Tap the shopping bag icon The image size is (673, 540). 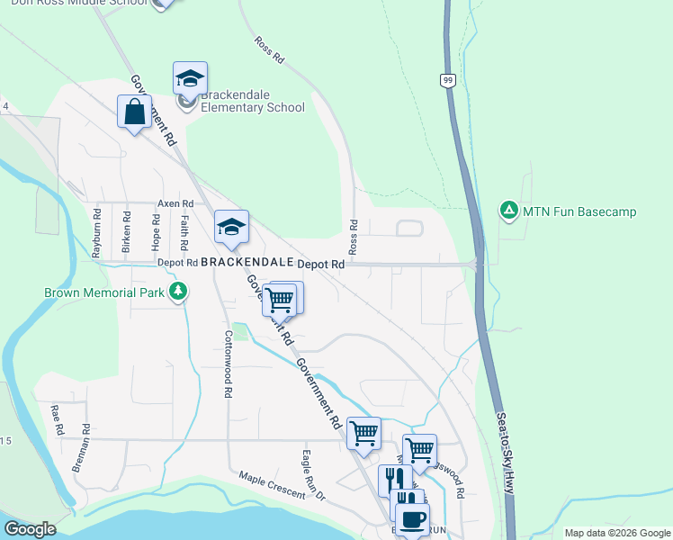coord(134,113)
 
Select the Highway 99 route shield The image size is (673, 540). coord(447,81)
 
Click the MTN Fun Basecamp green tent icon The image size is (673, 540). coord(508,211)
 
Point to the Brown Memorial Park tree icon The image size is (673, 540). coord(179,292)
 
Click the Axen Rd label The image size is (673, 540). coord(175,204)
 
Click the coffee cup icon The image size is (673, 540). coord(412,518)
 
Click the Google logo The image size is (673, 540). coord(29,528)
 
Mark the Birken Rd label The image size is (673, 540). coord(127,231)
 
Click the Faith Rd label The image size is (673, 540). coord(184,232)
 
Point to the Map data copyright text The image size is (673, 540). coord(616,533)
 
